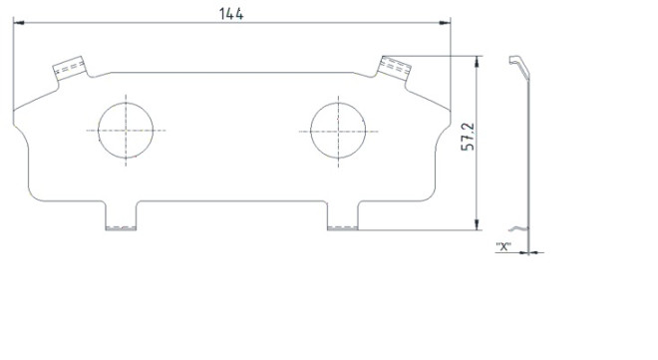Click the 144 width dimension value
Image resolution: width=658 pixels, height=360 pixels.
(231, 14)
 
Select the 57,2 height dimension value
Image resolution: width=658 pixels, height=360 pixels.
(468, 137)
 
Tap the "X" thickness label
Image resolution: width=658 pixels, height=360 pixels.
(503, 246)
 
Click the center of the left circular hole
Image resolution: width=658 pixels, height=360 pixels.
(126, 131)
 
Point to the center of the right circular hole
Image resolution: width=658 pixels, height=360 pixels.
(338, 131)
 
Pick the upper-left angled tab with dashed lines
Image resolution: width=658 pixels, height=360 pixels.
(70, 68)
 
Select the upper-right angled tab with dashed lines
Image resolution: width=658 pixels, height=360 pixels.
(394, 68)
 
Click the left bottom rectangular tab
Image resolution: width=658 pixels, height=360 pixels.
(121, 215)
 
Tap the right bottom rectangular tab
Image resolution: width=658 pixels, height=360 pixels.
(342, 215)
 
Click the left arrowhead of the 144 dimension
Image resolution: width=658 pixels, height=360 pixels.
(19, 23)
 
